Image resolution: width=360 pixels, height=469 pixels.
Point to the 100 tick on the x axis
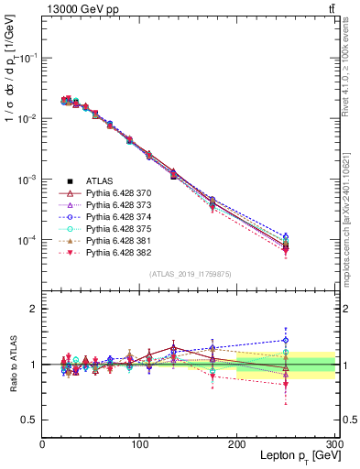(139, 444)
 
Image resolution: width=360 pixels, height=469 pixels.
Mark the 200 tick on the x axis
(237, 444)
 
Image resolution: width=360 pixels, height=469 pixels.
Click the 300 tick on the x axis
(333, 444)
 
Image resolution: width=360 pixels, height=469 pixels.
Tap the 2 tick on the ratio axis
(35, 310)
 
